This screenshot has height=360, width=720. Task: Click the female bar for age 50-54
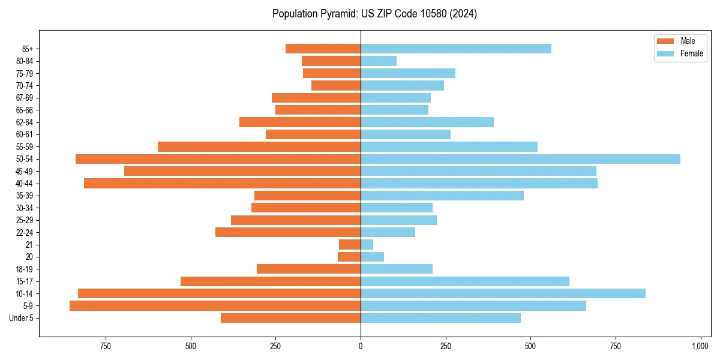click(x=520, y=159)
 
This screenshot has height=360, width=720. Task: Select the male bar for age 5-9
click(x=215, y=306)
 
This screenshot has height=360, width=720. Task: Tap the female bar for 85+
click(x=456, y=49)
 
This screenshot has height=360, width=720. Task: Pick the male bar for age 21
click(x=350, y=245)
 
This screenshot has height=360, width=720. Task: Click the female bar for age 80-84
click(x=379, y=61)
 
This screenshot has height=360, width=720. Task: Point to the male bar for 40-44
click(x=222, y=184)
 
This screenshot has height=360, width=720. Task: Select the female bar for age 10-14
click(x=503, y=293)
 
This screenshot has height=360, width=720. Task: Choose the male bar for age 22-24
click(x=288, y=232)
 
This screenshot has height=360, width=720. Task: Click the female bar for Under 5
click(x=440, y=318)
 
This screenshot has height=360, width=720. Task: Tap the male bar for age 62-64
click(x=300, y=122)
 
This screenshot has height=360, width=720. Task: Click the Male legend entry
click(x=688, y=41)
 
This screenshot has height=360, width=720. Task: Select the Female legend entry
click(x=691, y=53)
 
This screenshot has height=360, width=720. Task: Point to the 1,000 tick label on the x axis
click(x=700, y=347)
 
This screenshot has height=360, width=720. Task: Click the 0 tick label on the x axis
click(x=361, y=347)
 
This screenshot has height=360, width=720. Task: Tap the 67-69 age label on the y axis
click(x=25, y=98)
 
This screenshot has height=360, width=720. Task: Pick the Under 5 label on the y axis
click(x=22, y=318)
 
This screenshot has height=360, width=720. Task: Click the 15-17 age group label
click(x=25, y=281)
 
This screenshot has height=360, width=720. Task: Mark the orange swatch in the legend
click(x=666, y=41)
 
